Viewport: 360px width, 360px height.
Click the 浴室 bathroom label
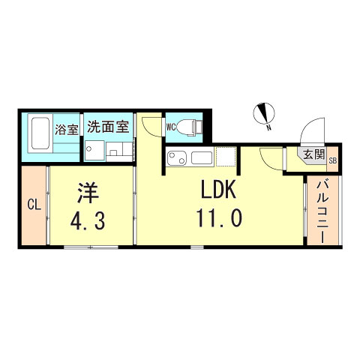coord(66,129)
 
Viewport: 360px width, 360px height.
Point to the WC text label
coord(171,126)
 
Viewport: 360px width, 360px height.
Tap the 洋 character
coord(88,191)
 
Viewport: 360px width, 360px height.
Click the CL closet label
coord(33,204)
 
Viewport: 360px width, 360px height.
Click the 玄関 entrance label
coord(314,155)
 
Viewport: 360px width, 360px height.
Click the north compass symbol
coord(264,112)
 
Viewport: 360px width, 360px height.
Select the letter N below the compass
coord(268,129)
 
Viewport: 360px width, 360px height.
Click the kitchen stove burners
coord(175,158)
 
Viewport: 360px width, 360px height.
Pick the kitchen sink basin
coord(202,157)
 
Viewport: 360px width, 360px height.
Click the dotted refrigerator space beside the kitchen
coord(226,157)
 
